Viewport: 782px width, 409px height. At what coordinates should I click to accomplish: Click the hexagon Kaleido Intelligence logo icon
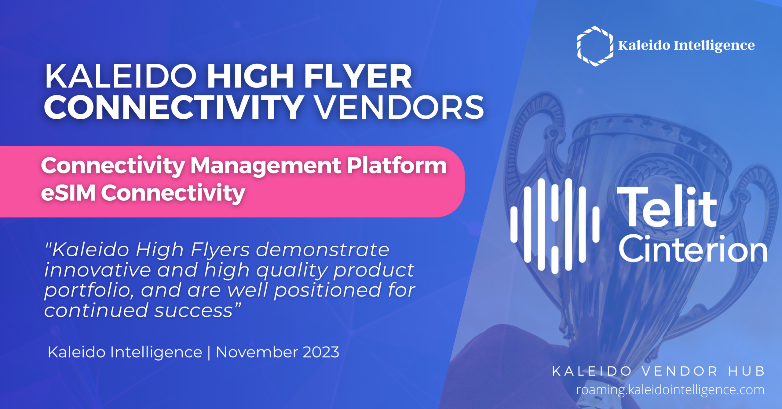pyautogui.click(x=594, y=46)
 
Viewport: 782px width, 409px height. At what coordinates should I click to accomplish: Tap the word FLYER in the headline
pyautogui.click(x=358, y=76)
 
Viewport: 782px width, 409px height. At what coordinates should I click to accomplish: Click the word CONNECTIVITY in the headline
pyautogui.click(x=174, y=107)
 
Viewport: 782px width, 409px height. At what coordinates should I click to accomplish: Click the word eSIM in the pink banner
pyautogui.click(x=68, y=193)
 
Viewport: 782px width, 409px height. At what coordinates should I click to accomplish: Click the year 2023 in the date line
pyautogui.click(x=321, y=352)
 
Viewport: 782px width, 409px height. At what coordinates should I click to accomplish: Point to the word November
pyautogui.click(x=257, y=352)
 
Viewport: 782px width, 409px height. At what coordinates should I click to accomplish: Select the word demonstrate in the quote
pyautogui.click(x=323, y=250)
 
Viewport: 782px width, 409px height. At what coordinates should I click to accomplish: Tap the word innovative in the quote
pyautogui.click(x=98, y=270)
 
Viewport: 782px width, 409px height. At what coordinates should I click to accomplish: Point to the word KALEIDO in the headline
pyautogui.click(x=121, y=76)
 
